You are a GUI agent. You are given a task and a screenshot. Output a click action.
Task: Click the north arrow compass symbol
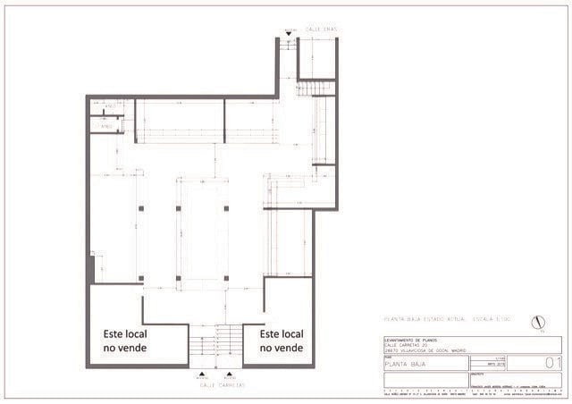tap(537, 322)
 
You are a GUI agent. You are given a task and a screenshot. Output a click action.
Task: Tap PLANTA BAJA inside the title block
tap(404, 364)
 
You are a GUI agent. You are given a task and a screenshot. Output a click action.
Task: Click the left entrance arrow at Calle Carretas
tap(205, 373)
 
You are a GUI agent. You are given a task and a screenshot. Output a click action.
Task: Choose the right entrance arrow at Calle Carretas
tap(230, 373)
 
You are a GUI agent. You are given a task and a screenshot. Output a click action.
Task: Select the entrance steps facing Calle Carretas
tap(216, 342)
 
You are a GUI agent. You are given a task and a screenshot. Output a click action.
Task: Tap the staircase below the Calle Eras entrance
tap(316, 88)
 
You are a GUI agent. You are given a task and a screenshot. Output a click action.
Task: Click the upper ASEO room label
tap(110, 107)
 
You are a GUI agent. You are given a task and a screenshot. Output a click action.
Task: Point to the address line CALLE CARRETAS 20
tap(408, 344)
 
